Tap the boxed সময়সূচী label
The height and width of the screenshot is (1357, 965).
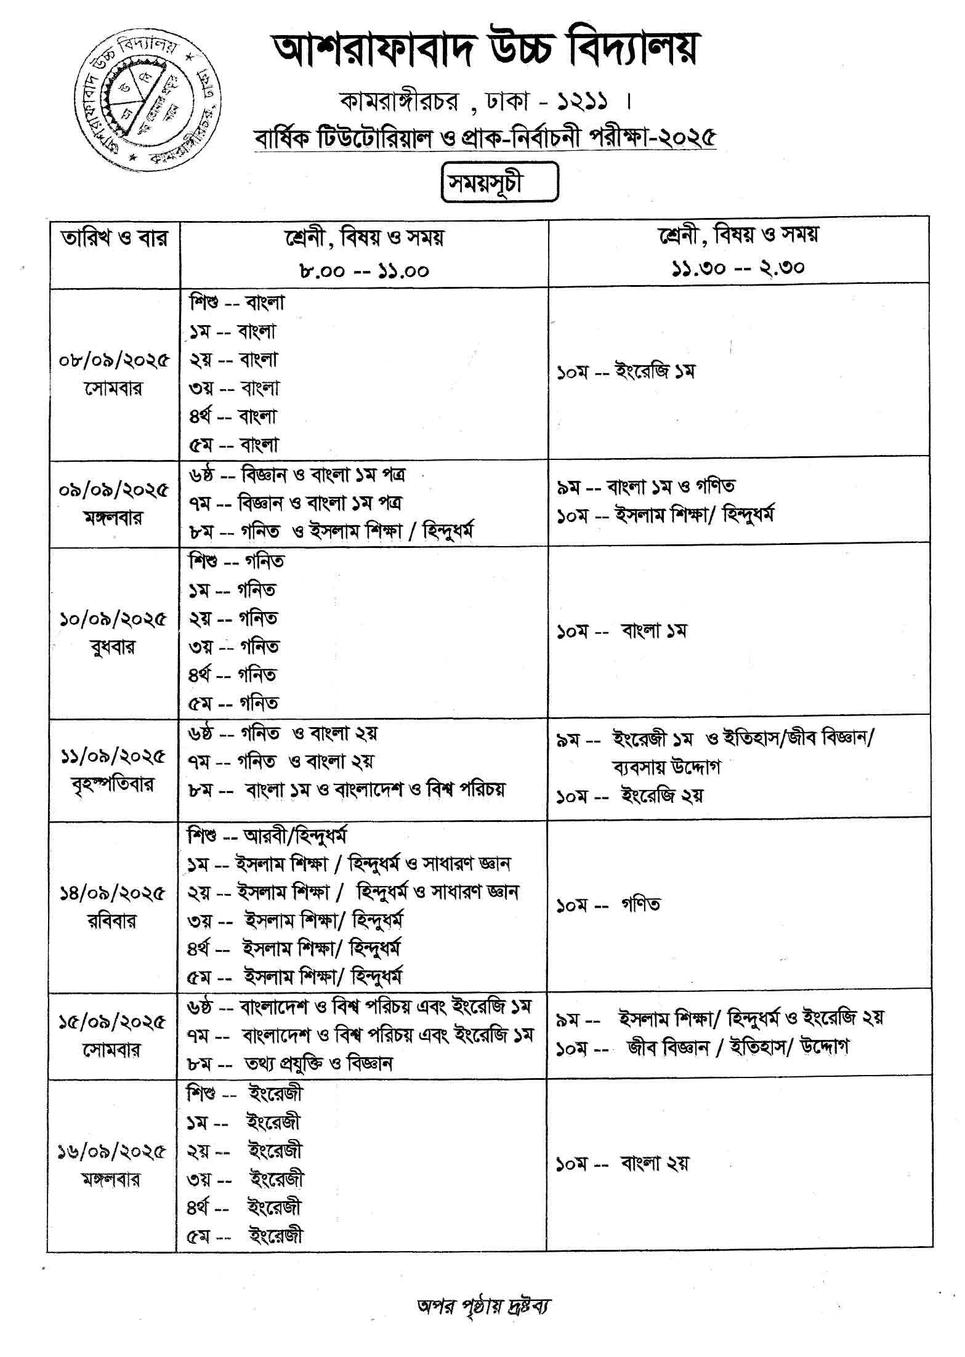pos(499,182)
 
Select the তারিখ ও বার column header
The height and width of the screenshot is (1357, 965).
pos(115,238)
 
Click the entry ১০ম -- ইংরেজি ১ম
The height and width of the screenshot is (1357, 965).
pos(626,372)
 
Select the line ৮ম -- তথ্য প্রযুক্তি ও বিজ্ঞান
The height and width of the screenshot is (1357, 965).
pos(290,1063)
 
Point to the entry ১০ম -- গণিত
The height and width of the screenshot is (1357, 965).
pos(608,905)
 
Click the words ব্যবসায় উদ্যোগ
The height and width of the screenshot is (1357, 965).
pos(666,767)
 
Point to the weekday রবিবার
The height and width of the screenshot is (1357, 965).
pos(112,922)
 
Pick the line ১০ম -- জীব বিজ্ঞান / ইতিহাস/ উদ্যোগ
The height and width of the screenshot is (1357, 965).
pos(703,1047)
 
